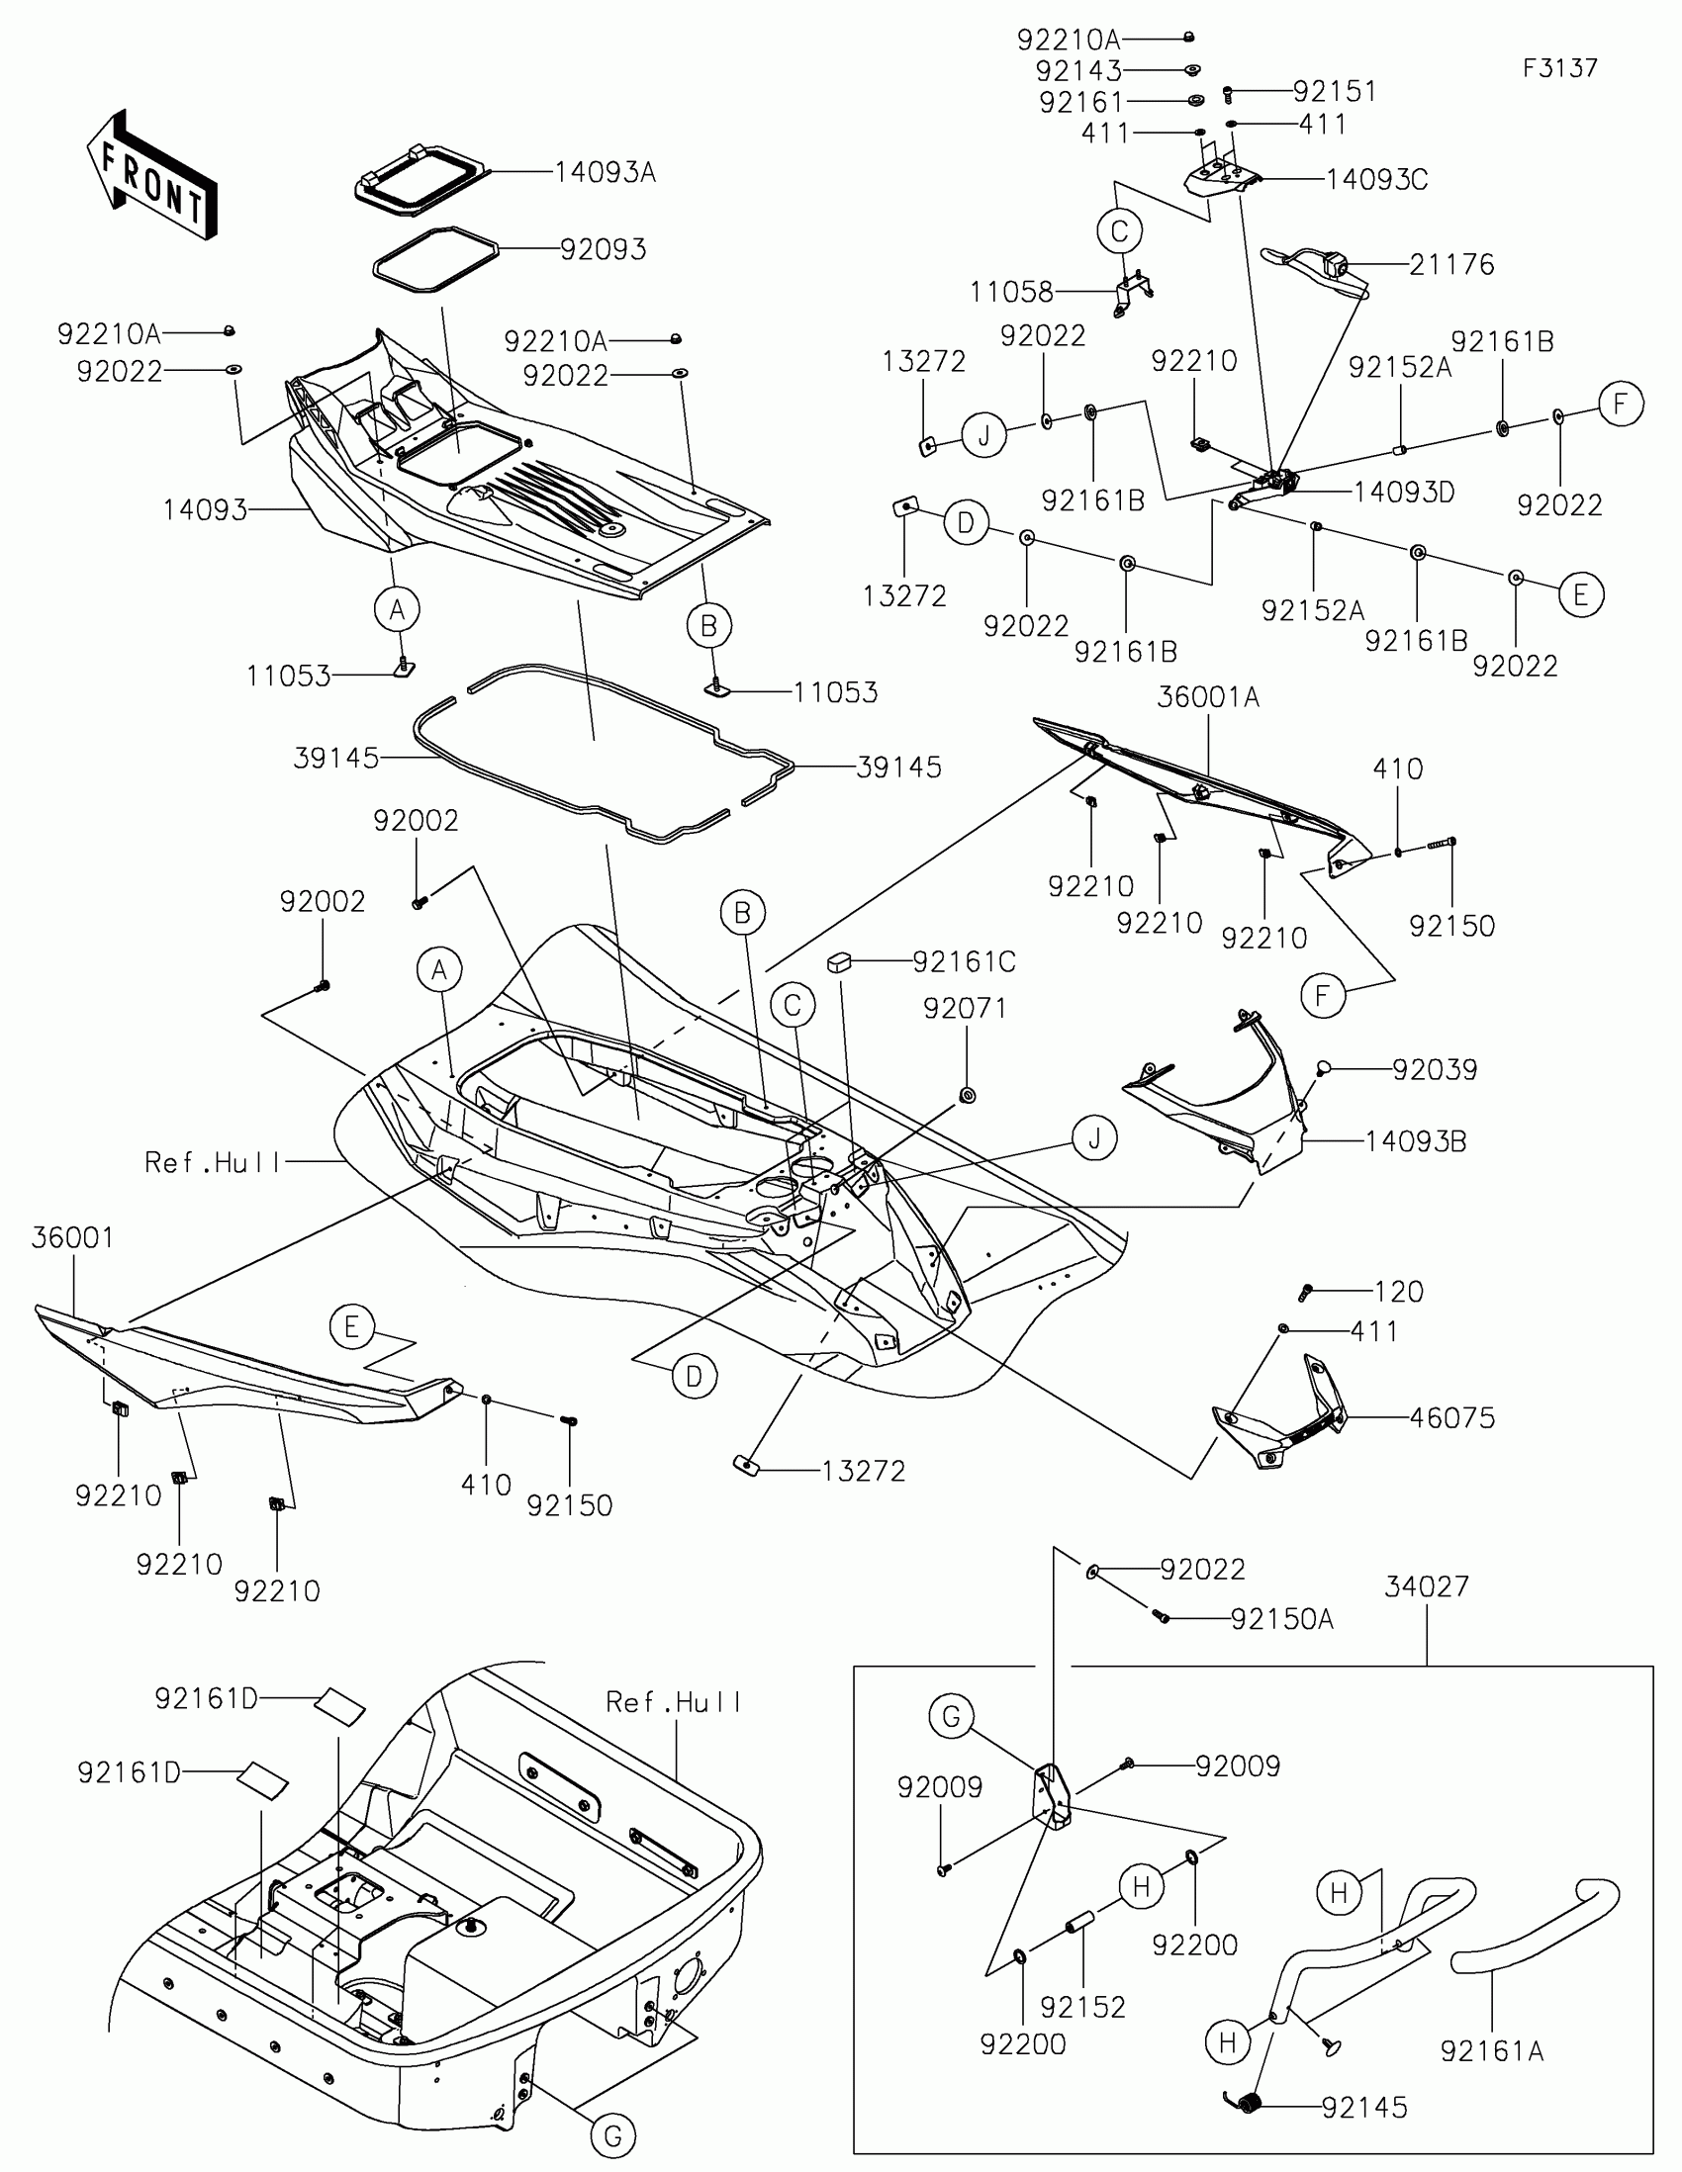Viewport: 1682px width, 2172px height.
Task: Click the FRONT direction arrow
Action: (x=151, y=177)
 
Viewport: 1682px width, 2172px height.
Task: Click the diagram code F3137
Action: (x=1559, y=68)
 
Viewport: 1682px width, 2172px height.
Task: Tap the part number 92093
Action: (x=603, y=249)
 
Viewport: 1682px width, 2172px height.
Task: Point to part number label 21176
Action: (x=1451, y=264)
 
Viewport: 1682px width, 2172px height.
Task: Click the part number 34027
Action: (x=1427, y=1586)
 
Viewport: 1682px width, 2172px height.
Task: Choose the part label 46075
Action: (x=1451, y=1418)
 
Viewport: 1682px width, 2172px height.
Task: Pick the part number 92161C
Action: (x=964, y=961)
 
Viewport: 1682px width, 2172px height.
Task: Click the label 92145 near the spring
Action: (x=1363, y=2108)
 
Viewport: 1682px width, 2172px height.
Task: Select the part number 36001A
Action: (x=1207, y=698)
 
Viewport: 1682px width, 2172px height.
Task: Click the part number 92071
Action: (x=964, y=1009)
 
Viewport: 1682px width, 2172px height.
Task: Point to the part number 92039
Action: (x=1435, y=1070)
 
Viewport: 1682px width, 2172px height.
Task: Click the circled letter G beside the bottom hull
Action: (x=612, y=2136)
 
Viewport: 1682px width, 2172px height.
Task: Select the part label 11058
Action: (x=1011, y=293)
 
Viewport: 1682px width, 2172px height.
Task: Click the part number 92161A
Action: (x=1491, y=2050)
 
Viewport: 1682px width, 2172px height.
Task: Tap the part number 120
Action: (x=1398, y=1292)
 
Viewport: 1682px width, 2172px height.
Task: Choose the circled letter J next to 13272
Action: (x=983, y=435)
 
